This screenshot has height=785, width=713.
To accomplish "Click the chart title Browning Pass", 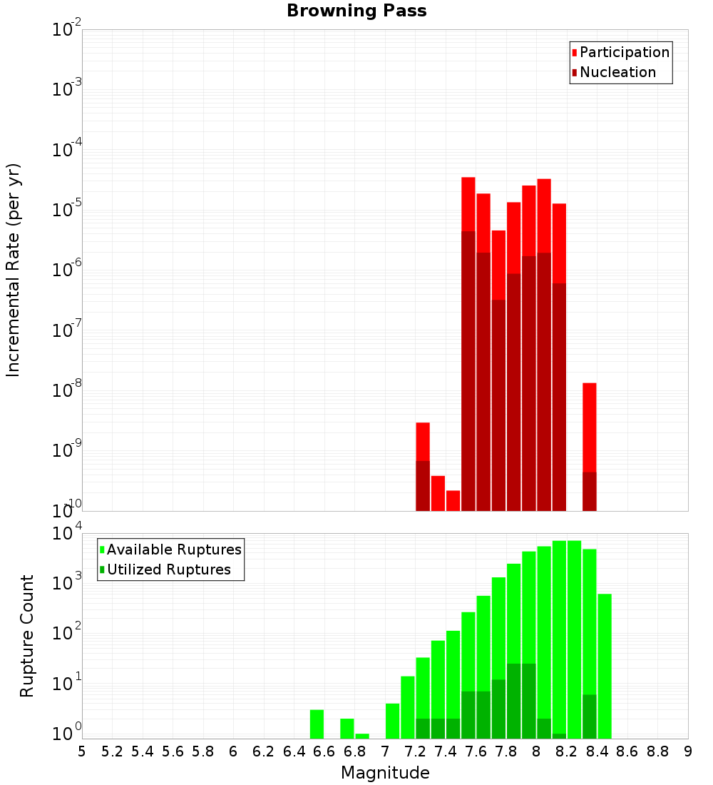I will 356,11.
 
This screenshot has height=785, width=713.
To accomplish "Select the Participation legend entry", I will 625,52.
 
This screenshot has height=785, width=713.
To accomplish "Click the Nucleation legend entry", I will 617,72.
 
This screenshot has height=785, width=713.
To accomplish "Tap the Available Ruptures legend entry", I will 174,549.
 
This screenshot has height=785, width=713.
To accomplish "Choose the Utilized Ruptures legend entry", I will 168,569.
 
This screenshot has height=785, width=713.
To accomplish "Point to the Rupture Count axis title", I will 27,636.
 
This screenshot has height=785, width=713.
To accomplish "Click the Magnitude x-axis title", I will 385,773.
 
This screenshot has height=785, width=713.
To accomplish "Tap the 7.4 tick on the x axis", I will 446,751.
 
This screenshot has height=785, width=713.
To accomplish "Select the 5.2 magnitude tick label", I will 113,751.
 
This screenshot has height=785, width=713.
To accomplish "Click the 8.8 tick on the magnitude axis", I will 657,751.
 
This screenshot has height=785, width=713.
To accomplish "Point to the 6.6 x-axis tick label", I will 324,751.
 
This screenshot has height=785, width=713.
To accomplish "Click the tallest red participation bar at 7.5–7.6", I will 468,203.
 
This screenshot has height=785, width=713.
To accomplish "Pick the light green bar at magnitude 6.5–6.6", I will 317,724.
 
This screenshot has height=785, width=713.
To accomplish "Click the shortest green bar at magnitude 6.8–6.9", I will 362,736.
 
